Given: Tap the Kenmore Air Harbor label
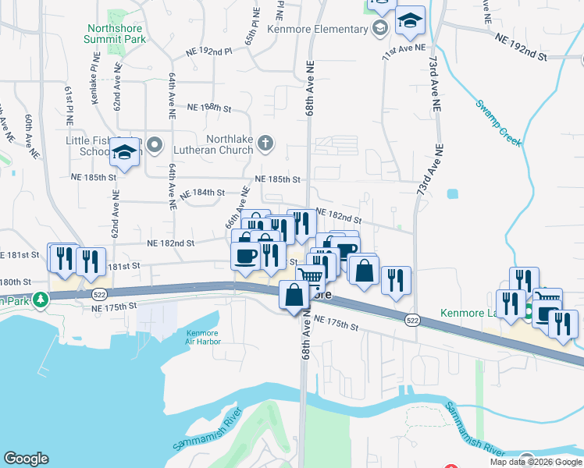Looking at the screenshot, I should point(203,337).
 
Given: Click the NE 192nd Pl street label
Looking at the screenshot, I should point(209,51).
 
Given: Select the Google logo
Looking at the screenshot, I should point(25,458).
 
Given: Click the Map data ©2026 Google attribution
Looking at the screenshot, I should point(536,462).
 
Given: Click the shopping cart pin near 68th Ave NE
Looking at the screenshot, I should point(311,277).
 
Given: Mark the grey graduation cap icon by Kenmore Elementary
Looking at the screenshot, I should point(379,30).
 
